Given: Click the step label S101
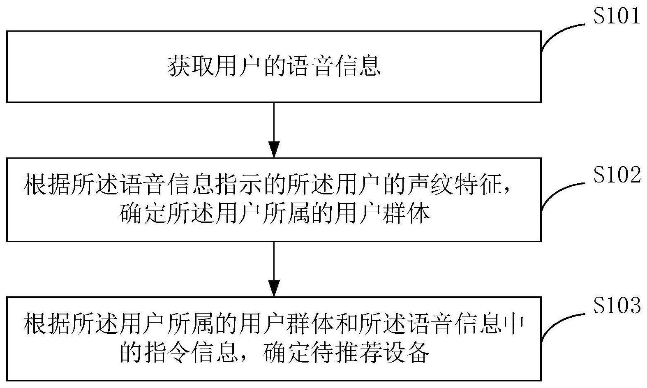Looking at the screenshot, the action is tap(617, 16).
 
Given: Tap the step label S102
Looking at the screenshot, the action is tap(617, 175).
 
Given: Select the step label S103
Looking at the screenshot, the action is tap(617, 305).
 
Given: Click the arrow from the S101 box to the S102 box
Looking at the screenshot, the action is tap(274, 130).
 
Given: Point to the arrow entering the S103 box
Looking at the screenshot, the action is tap(274, 269).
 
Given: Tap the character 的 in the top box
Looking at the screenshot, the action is tap(274, 66).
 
